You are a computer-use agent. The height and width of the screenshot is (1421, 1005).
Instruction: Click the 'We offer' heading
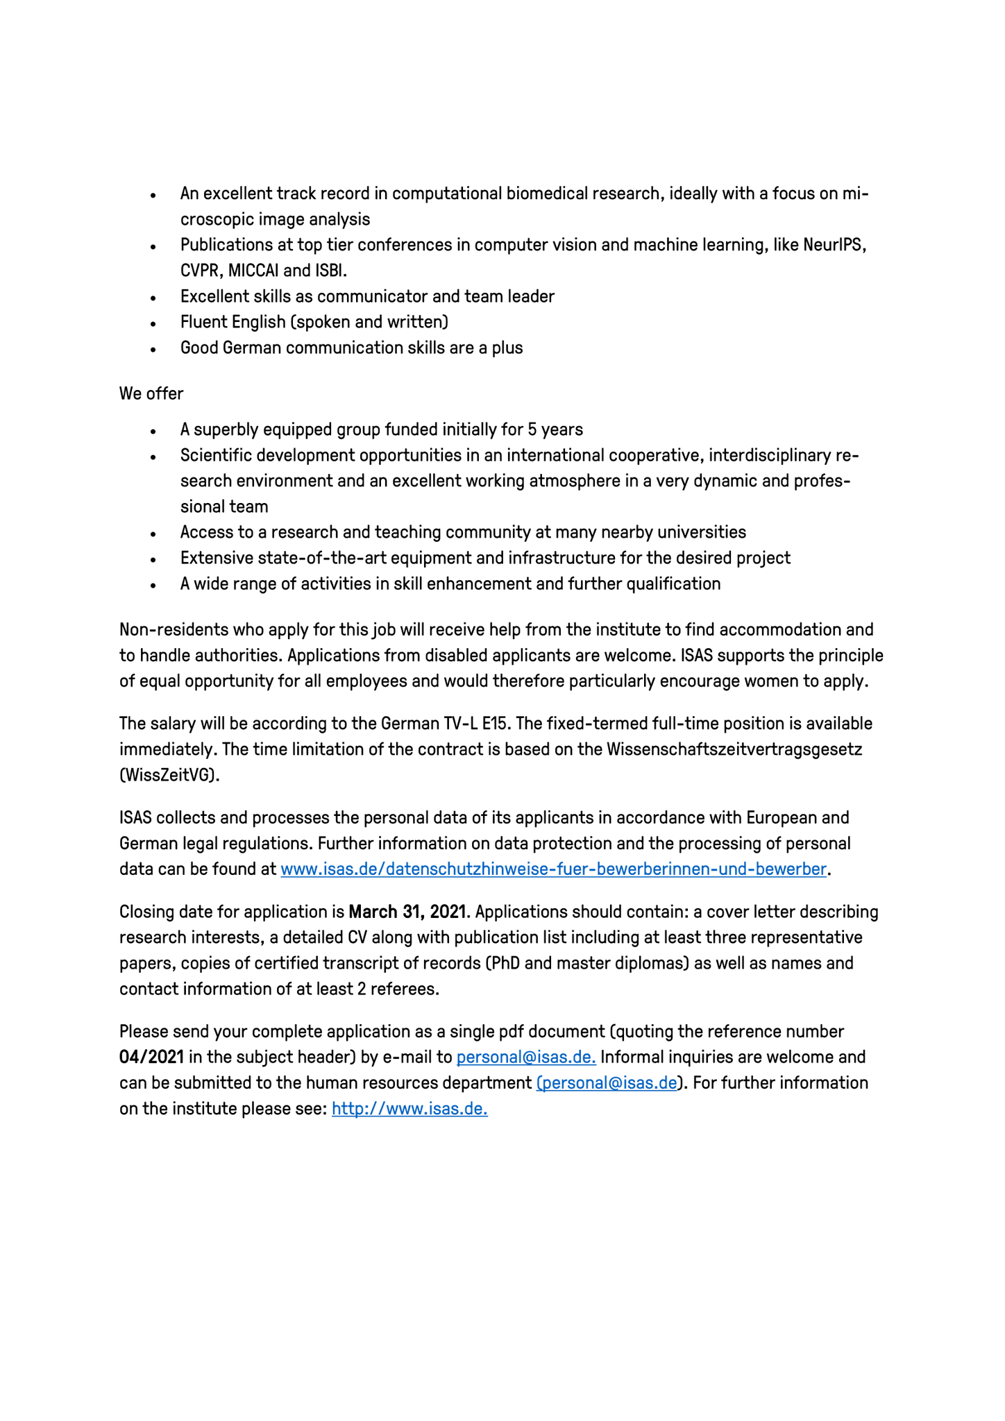tap(151, 393)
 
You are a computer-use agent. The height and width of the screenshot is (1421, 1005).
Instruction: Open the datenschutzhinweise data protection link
tap(553, 869)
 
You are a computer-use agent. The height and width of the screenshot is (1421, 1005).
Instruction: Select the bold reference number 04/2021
tap(151, 1057)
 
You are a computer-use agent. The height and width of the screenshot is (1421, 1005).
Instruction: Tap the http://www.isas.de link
tap(409, 1109)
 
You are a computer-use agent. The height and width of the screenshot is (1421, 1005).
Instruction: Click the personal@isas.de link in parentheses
tap(607, 1083)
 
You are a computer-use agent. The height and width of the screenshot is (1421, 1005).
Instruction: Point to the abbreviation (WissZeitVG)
tap(169, 775)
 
